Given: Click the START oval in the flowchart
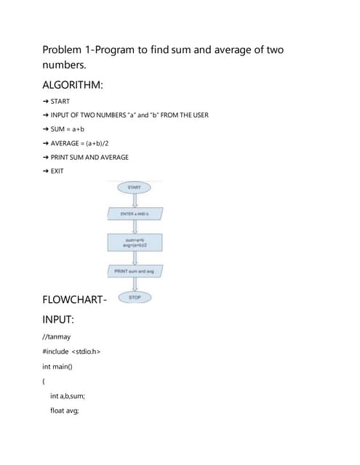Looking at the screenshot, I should click(x=134, y=187).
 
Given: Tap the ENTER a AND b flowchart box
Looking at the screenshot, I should click(x=134, y=214).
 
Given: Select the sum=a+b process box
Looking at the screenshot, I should click(x=134, y=242).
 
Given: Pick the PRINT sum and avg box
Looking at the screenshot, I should click(x=135, y=270).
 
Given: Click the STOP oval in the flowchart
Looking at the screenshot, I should click(x=134, y=297).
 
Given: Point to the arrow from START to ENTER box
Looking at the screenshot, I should click(x=134, y=201).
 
